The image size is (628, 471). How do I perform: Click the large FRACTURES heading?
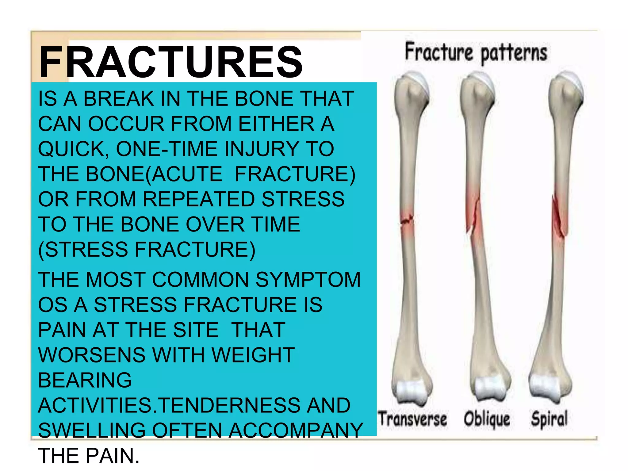[170, 62]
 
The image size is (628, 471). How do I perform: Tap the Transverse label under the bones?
[412, 419]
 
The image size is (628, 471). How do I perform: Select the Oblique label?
[487, 419]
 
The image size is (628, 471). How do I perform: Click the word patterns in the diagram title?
[514, 54]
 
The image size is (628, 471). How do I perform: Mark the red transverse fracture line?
[407, 220]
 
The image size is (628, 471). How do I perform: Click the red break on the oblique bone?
[473, 215]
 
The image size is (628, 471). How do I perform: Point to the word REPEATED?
[199, 199]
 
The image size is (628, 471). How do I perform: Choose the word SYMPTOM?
[308, 280]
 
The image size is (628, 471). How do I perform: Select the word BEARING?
[85, 381]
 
